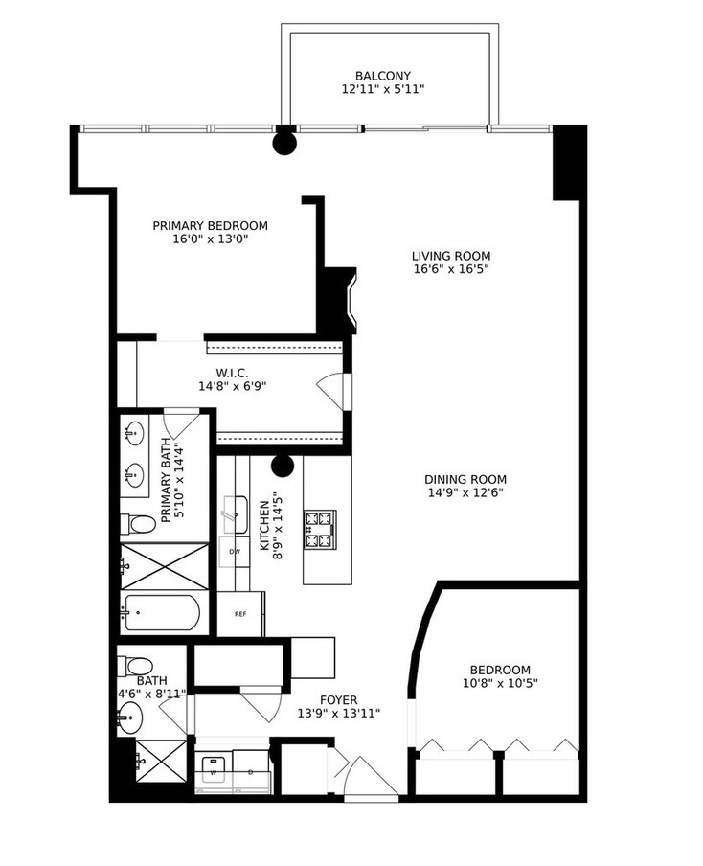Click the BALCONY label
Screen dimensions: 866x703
tap(383, 76)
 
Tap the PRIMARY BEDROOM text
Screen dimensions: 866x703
tap(211, 226)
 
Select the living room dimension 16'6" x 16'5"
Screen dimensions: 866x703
tap(451, 269)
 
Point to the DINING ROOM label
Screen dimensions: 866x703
tap(465, 480)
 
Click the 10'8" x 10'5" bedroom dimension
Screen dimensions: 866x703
tap(499, 684)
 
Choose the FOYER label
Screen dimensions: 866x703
tap(339, 699)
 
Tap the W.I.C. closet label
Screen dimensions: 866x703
tap(232, 373)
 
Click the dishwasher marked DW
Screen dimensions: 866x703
tap(234, 552)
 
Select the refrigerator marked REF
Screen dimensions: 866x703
tap(240, 614)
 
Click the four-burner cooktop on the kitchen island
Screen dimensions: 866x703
tap(320, 529)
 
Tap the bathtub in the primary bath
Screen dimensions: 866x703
tap(161, 612)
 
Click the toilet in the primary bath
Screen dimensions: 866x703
tap(138, 524)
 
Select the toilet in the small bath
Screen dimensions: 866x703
tap(137, 666)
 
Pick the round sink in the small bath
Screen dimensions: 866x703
tap(128, 715)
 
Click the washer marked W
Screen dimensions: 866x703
tap(213, 770)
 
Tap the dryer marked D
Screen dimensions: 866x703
tap(250, 770)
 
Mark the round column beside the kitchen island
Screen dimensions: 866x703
tap(282, 467)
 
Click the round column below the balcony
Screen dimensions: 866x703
tap(284, 144)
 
